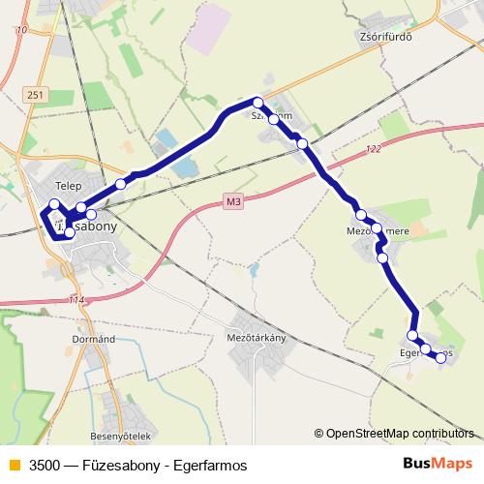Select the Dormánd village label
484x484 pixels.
[94, 339]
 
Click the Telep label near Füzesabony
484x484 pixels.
[68, 184]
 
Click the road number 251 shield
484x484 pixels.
[36, 95]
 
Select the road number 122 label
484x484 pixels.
[375, 149]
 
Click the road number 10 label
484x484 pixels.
[21, 31]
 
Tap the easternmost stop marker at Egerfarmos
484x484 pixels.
[440, 357]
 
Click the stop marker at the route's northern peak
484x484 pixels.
[257, 102]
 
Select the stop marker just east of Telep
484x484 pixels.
[121, 183]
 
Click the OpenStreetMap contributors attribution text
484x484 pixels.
[397, 434]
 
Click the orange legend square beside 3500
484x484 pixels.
[14, 466]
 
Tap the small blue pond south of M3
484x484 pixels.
[254, 268]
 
